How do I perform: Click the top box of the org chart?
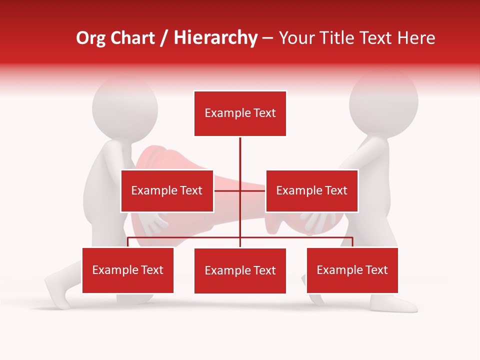(240, 113)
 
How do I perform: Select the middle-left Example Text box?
(167, 190)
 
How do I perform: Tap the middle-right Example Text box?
(311, 190)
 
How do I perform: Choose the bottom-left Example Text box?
(128, 270)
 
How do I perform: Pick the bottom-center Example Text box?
(240, 270)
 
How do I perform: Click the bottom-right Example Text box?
(352, 270)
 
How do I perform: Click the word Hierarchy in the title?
(215, 38)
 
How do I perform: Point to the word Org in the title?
(91, 38)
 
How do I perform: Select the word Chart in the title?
(133, 38)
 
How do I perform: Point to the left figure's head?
(125, 107)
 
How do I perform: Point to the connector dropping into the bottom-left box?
(128, 241)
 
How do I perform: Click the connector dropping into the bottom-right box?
(352, 241)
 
